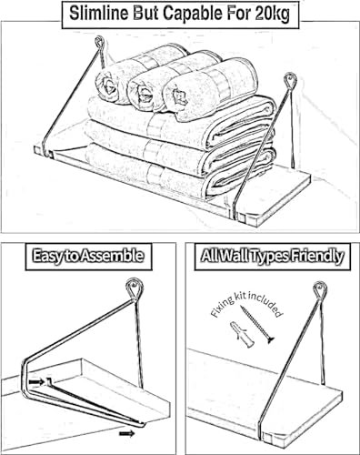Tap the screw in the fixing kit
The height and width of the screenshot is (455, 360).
pos(257,325)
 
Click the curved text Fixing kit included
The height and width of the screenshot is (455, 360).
pos(246,302)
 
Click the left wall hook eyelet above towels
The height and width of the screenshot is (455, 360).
pos(99,42)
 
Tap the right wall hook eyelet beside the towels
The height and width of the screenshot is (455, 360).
pos(290,80)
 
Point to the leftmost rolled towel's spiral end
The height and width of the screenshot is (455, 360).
pos(106,86)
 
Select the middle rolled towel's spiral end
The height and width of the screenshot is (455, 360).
pos(142,90)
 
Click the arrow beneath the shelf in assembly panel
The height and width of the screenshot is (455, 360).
pos(127,434)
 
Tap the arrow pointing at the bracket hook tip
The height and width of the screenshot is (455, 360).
pos(36,382)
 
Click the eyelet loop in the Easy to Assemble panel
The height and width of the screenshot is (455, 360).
pos(134,288)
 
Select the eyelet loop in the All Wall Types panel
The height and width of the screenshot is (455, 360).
pos(320,289)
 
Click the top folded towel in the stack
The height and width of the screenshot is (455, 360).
pos(181,122)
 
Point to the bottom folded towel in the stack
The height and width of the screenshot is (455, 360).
pos(179,172)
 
